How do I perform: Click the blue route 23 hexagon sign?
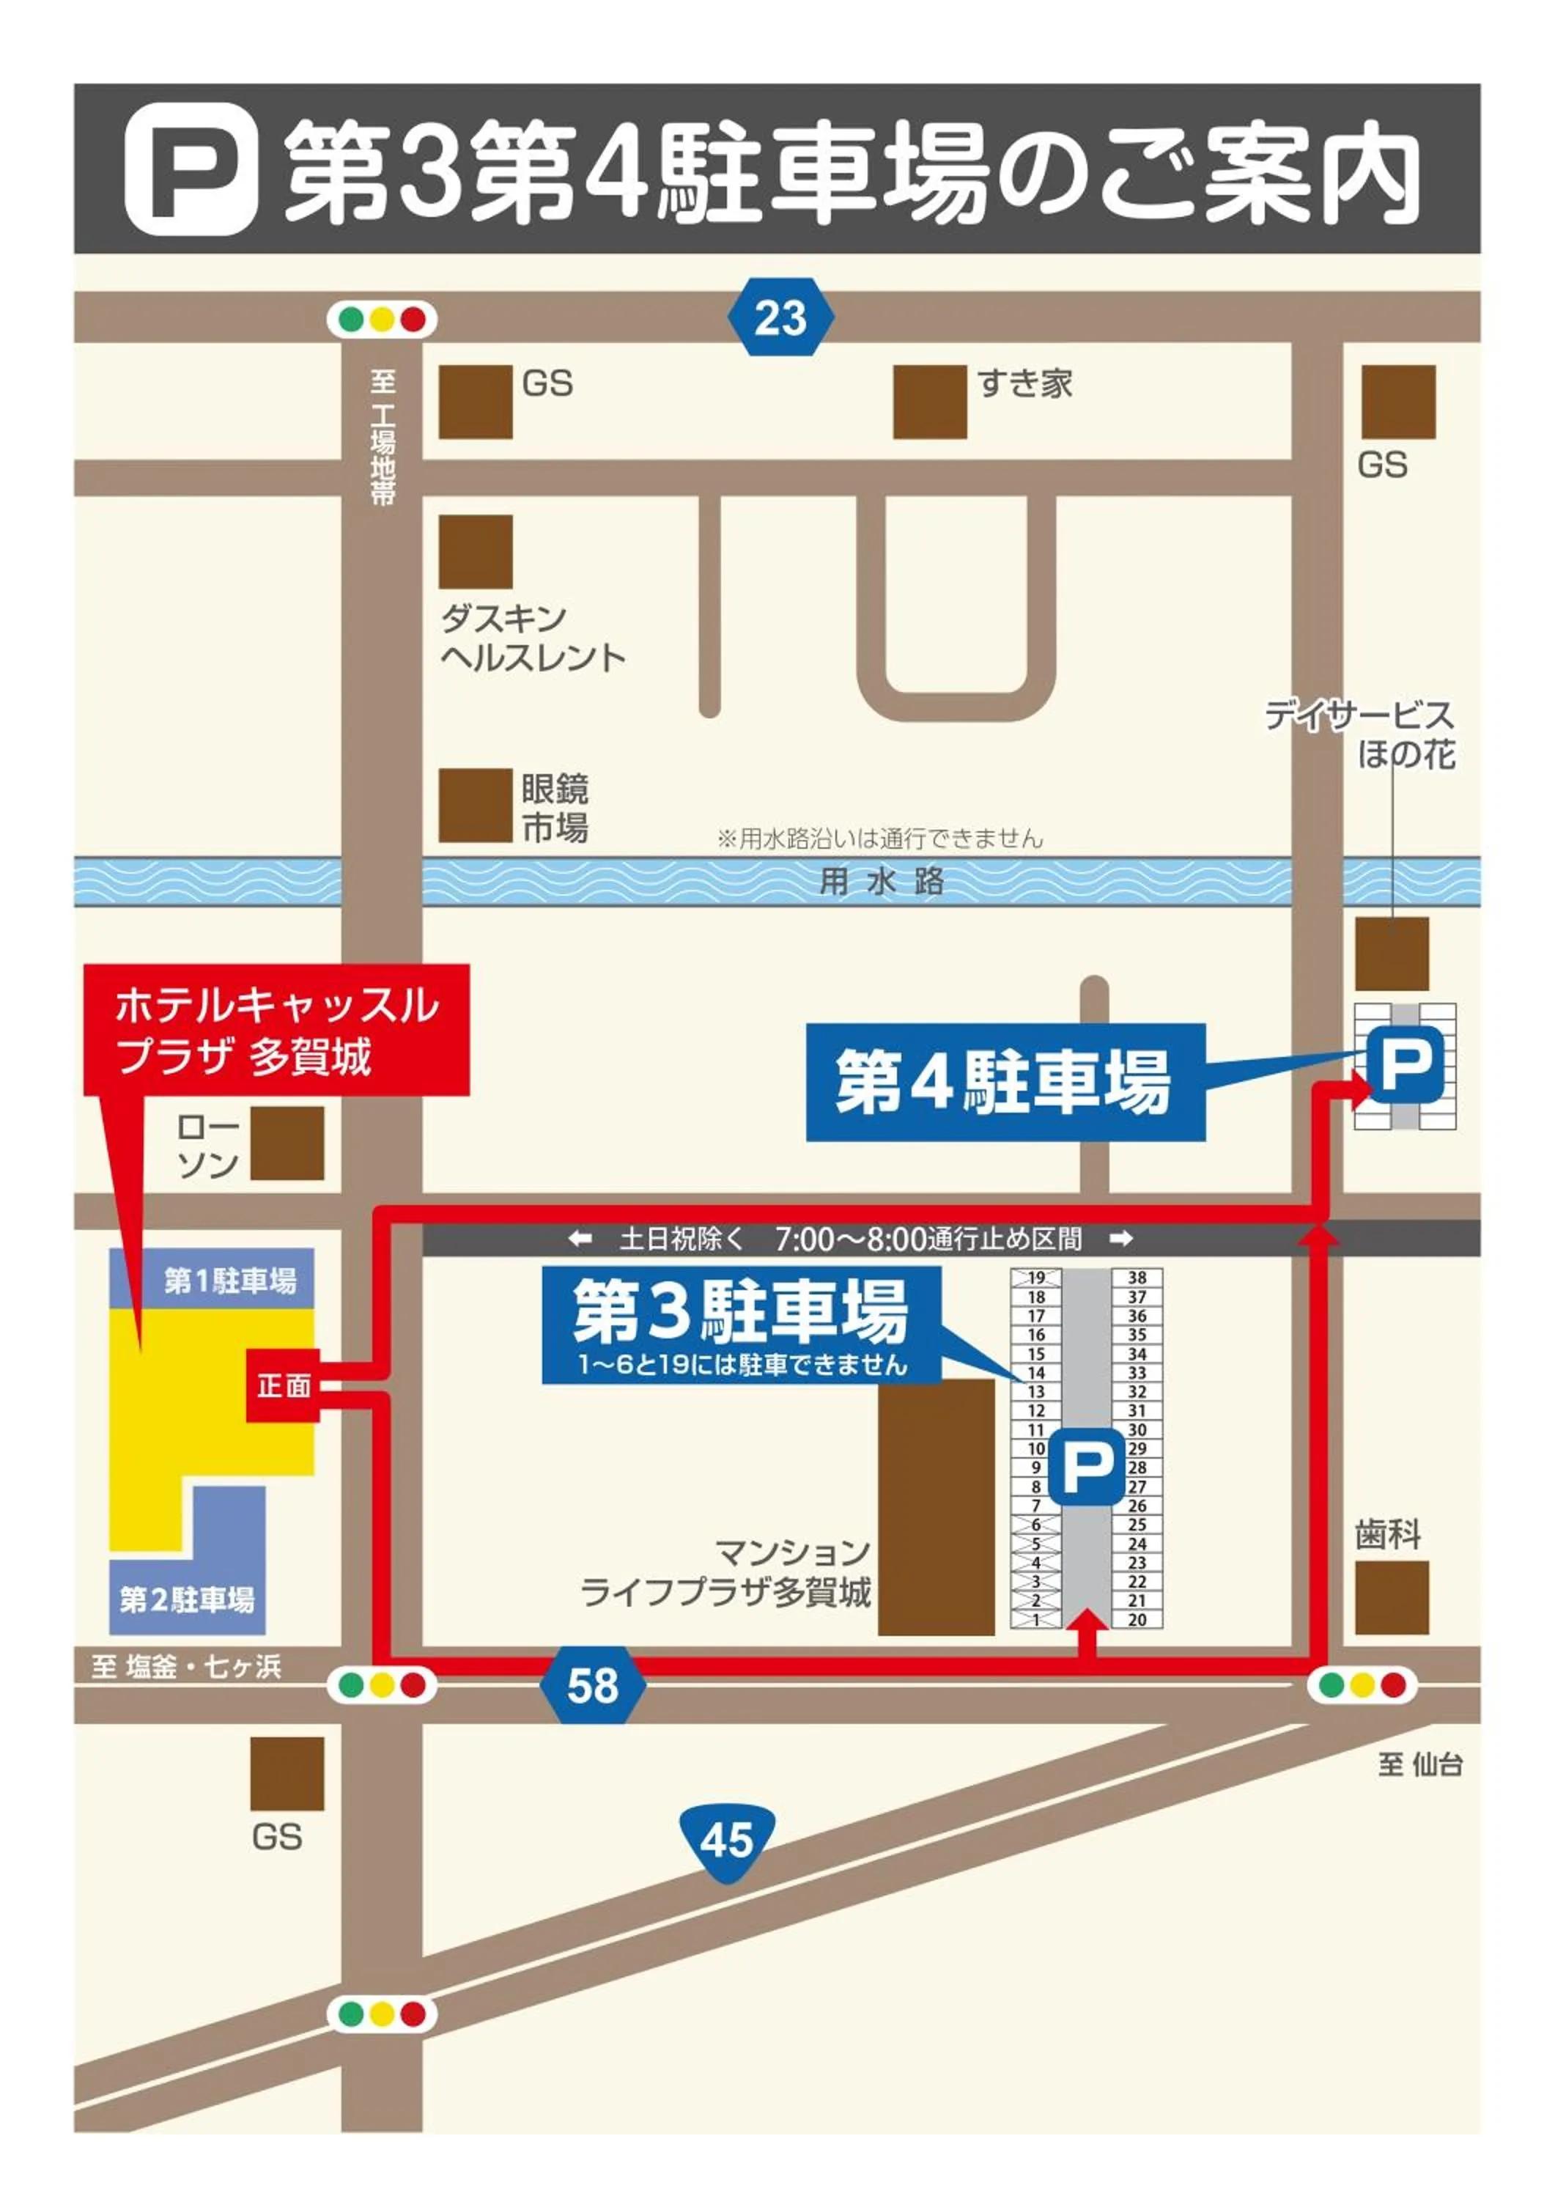click(780, 317)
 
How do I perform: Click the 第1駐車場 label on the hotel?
click(230, 1281)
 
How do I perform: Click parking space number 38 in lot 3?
click(1137, 1278)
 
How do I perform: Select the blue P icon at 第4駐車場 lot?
click(1405, 1063)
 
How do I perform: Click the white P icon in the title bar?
click(191, 169)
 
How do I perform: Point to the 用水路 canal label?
click(881, 881)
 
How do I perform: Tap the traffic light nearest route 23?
click(382, 319)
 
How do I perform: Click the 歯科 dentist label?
click(1387, 1534)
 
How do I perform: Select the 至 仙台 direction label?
click(1420, 1764)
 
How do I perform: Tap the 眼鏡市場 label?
click(555, 808)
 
